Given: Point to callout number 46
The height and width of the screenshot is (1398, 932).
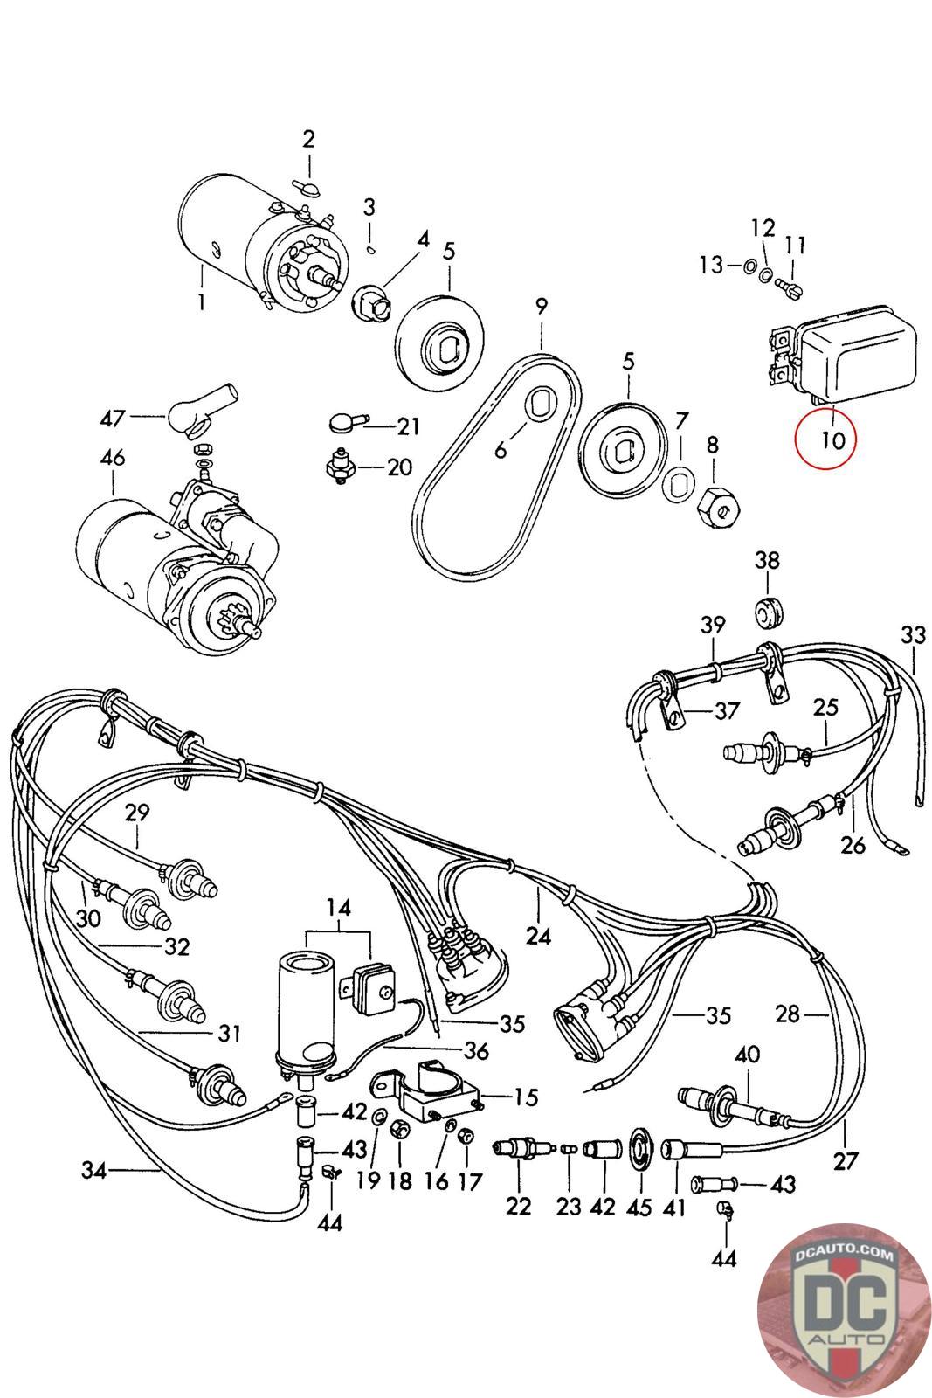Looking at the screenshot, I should point(113,457).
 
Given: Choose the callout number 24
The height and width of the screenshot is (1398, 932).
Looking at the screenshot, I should point(538,936).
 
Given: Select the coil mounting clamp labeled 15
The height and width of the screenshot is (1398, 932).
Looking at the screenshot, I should point(429,1092).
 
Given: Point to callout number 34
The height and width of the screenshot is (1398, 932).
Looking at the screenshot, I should point(94,1169).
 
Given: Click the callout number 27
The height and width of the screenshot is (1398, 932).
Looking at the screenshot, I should point(846,1161).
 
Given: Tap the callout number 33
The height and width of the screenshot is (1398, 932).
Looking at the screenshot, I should point(913,634).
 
